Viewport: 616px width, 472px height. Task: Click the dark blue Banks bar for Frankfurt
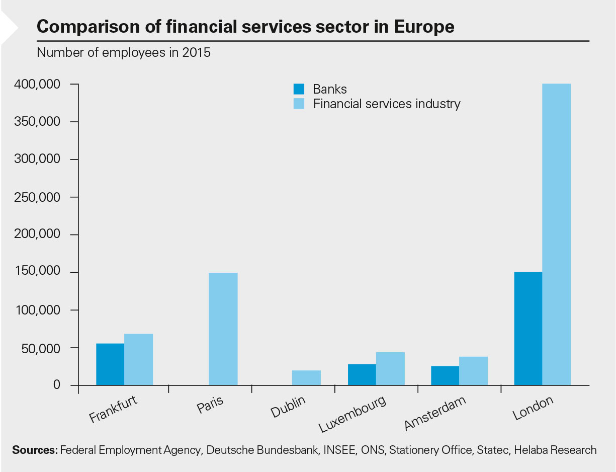point(110,364)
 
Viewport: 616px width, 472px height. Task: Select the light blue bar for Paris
point(223,329)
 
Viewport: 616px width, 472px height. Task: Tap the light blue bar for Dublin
point(307,378)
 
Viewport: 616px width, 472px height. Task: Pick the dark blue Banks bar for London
point(528,329)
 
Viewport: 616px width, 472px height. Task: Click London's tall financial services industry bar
point(557,234)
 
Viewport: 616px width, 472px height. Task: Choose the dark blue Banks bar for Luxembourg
point(362,374)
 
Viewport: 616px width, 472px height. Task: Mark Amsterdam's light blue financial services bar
point(473,371)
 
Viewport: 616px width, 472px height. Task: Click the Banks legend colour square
point(299,89)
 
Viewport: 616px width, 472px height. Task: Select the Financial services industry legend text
point(387,104)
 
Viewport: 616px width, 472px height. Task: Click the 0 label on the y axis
point(57,385)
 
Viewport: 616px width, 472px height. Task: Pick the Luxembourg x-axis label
point(353,414)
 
